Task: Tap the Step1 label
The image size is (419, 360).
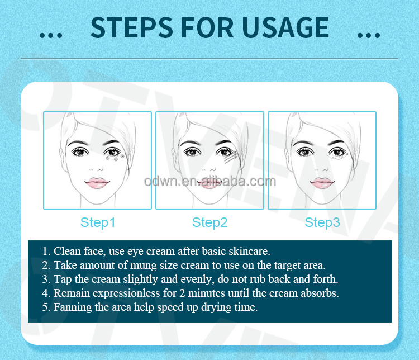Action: [98, 222]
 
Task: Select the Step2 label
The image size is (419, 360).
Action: [209, 222]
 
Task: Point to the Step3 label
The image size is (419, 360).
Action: [322, 222]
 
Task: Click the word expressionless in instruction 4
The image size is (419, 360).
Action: [120, 293]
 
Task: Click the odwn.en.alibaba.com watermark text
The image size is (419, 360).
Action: [209, 182]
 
